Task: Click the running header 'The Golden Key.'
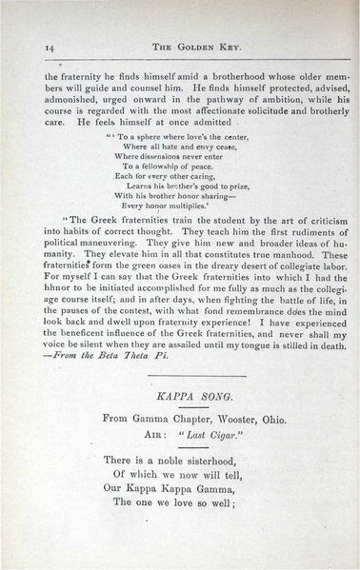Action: pyautogui.click(x=178, y=45)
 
